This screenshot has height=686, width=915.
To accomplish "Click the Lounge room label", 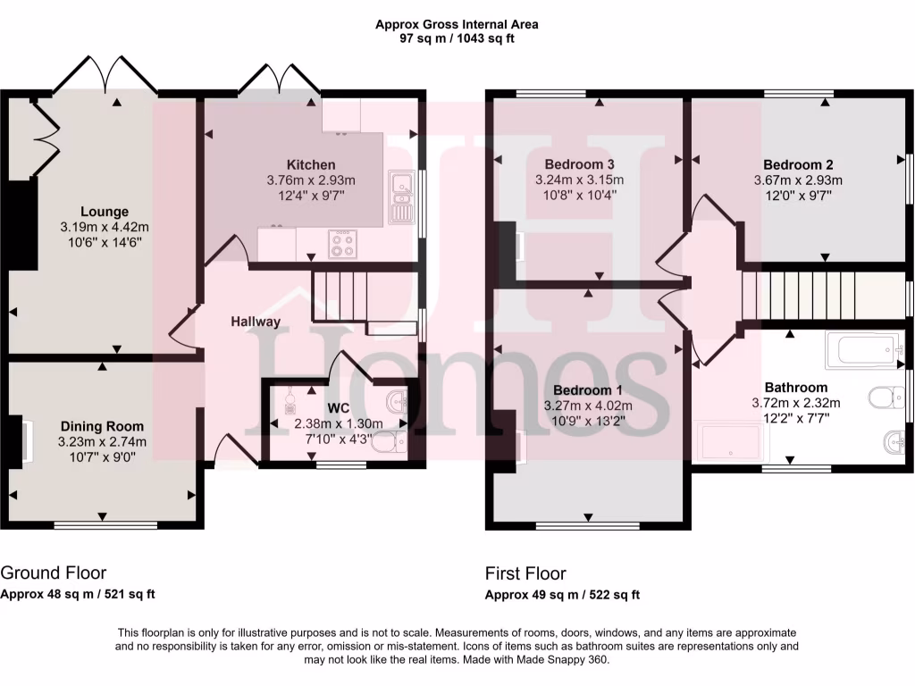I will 105,212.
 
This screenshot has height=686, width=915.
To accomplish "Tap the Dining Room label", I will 102,426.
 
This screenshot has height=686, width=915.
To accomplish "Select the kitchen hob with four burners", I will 343,243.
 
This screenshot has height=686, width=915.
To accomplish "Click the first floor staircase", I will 798,294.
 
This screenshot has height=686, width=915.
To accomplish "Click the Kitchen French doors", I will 278,77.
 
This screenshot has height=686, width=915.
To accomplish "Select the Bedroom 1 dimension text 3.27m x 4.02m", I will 588,406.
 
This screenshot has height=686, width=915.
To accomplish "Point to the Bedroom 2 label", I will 798,164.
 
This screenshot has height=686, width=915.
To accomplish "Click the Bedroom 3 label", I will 579,164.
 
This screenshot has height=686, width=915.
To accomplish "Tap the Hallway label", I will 256,322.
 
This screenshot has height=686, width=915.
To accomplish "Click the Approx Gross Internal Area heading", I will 457,24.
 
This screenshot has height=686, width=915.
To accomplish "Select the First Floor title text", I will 525,573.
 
